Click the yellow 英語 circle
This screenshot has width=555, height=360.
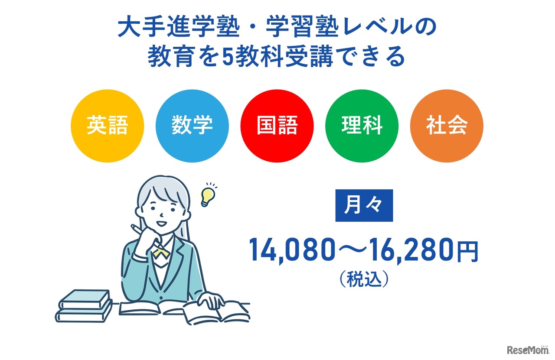(107, 126)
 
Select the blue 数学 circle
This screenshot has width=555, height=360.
(192, 126)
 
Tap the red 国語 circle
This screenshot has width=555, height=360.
(277, 126)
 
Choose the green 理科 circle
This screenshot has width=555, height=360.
(362, 126)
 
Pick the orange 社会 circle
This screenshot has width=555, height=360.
(447, 126)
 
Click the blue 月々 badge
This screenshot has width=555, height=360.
(364, 205)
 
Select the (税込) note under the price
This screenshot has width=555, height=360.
(363, 280)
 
